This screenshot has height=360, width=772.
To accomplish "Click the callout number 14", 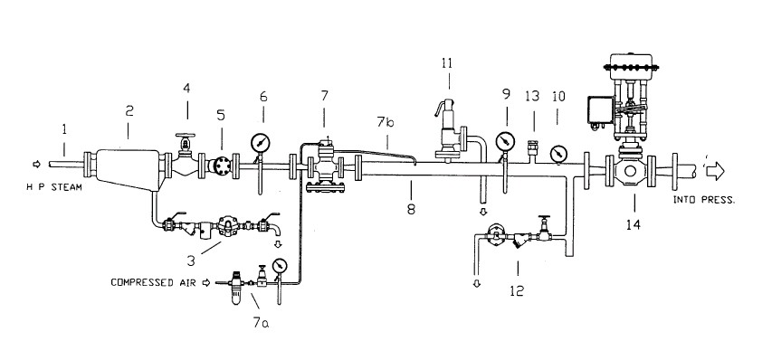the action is (634, 224).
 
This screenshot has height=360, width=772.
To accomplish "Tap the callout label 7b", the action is (386, 121).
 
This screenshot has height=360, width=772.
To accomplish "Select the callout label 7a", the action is (261, 323).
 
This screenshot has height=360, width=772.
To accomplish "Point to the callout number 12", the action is (517, 290).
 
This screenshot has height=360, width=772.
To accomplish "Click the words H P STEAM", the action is (54, 187).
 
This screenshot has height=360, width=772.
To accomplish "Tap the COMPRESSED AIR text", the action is (153, 282).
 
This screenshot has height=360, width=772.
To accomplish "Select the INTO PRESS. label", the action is (704, 200).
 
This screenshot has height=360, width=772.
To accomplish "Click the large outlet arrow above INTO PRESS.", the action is (715, 171).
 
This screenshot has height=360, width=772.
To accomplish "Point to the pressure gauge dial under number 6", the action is (260, 144).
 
